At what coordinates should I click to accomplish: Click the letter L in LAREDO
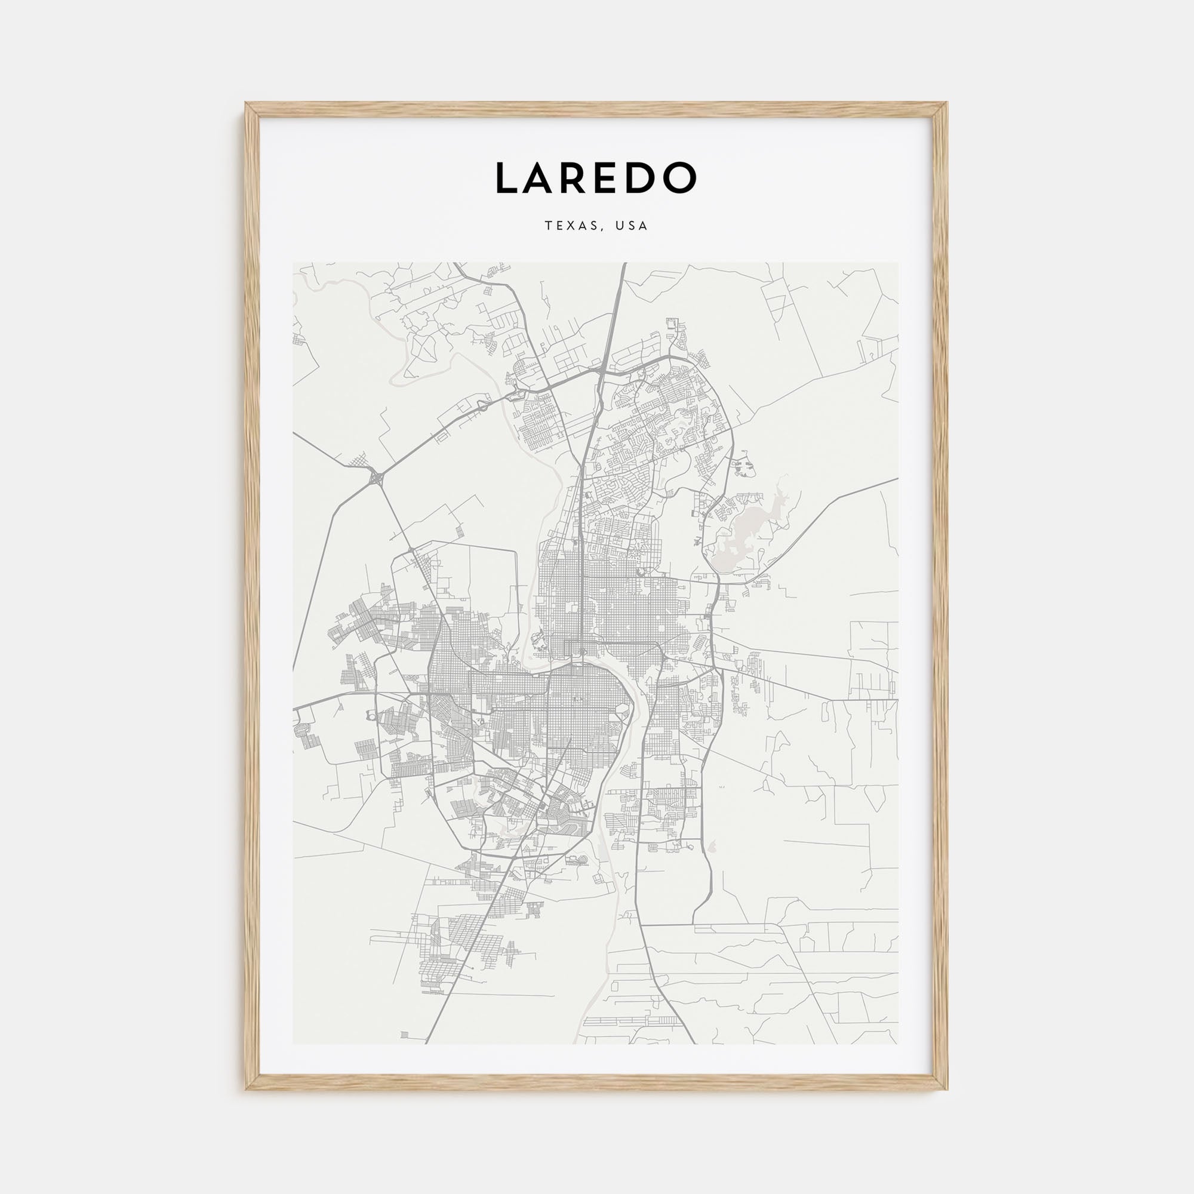pos(508,178)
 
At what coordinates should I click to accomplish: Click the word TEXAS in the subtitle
pos(569,226)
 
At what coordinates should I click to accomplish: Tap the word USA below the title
pos(632,226)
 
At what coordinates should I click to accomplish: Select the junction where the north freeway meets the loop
pos(601,371)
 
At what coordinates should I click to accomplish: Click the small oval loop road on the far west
pos(370,715)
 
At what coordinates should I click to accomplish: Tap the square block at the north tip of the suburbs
pos(672,326)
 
